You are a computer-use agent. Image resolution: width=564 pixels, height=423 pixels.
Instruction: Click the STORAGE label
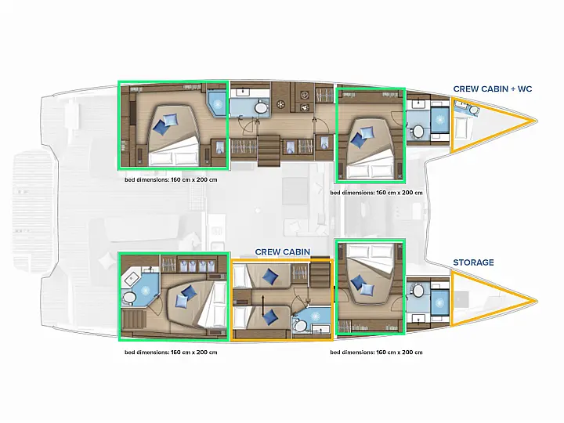(x=473, y=262)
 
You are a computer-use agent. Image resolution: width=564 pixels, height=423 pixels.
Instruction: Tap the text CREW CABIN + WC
(x=493, y=89)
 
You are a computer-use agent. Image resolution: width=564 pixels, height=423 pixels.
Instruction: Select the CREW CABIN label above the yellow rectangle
(x=282, y=251)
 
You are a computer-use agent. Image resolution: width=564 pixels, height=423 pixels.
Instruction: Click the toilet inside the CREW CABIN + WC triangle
(x=474, y=110)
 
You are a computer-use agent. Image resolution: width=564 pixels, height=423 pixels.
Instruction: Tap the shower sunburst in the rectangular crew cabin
(x=315, y=316)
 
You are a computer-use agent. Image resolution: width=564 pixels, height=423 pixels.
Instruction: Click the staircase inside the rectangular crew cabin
(x=320, y=276)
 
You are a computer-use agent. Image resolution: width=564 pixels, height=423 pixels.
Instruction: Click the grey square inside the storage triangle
(x=461, y=299)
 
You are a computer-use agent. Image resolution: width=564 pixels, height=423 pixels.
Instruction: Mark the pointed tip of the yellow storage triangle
(x=537, y=301)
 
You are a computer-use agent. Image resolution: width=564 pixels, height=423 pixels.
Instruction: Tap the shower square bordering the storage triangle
(x=439, y=302)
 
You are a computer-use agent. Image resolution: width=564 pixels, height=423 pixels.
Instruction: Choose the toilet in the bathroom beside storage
(x=418, y=291)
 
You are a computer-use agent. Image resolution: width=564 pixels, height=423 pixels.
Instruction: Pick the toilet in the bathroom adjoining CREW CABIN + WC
(x=418, y=132)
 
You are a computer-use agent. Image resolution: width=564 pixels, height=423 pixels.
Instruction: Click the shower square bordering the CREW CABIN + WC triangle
(x=439, y=120)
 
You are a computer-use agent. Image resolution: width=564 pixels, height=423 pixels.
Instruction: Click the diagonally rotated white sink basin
(x=132, y=279)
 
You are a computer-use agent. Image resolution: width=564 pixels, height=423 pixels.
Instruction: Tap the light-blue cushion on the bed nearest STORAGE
(x=367, y=289)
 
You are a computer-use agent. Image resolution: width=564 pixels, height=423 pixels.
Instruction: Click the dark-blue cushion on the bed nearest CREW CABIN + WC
(x=358, y=139)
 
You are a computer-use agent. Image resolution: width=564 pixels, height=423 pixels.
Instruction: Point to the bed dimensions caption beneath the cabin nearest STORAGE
(x=376, y=352)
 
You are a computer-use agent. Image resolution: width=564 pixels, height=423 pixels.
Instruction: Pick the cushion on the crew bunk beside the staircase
(x=270, y=276)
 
